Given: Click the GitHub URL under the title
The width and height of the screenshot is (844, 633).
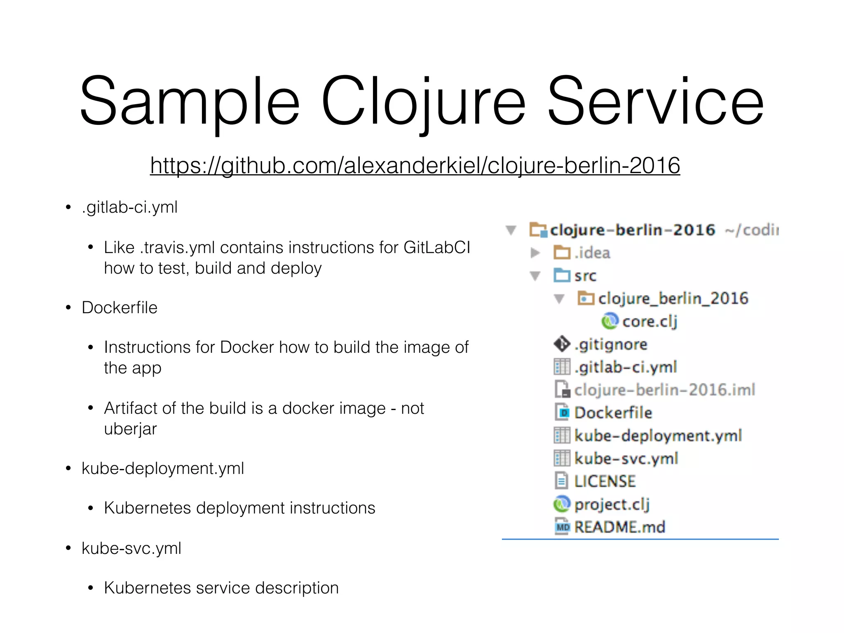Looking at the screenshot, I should click(x=415, y=166).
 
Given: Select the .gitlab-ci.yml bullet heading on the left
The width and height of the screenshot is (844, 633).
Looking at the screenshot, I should click(x=129, y=207).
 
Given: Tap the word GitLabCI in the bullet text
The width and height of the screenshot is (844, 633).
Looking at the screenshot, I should click(x=436, y=248).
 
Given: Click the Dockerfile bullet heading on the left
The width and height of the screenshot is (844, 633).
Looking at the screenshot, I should click(x=120, y=308).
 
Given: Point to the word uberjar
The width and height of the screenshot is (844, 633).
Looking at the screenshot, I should click(x=130, y=429).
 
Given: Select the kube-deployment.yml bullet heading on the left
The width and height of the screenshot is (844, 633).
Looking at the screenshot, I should click(x=163, y=469).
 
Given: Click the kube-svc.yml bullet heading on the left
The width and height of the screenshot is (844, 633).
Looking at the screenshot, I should click(x=131, y=549).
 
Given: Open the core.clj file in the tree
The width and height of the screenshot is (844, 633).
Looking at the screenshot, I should click(x=649, y=321).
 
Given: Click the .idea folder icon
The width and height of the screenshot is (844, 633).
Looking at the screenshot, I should click(x=562, y=253).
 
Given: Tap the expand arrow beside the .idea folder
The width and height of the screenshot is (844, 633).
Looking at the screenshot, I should click(x=535, y=253).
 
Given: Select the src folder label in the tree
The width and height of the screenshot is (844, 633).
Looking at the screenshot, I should click(x=585, y=276).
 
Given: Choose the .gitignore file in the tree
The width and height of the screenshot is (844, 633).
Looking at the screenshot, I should click(x=611, y=345).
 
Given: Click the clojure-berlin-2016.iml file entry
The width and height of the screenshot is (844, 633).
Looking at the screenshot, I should click(x=664, y=390).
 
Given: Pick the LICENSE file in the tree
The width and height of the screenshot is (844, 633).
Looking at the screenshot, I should click(x=605, y=481).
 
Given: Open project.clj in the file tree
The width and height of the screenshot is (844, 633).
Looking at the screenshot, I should click(x=612, y=504).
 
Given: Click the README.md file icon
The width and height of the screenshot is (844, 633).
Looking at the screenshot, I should click(x=562, y=527).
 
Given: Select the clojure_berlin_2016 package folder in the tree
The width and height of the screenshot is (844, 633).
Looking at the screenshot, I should click(x=673, y=298).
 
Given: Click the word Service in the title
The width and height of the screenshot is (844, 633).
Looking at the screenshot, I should click(x=656, y=101).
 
